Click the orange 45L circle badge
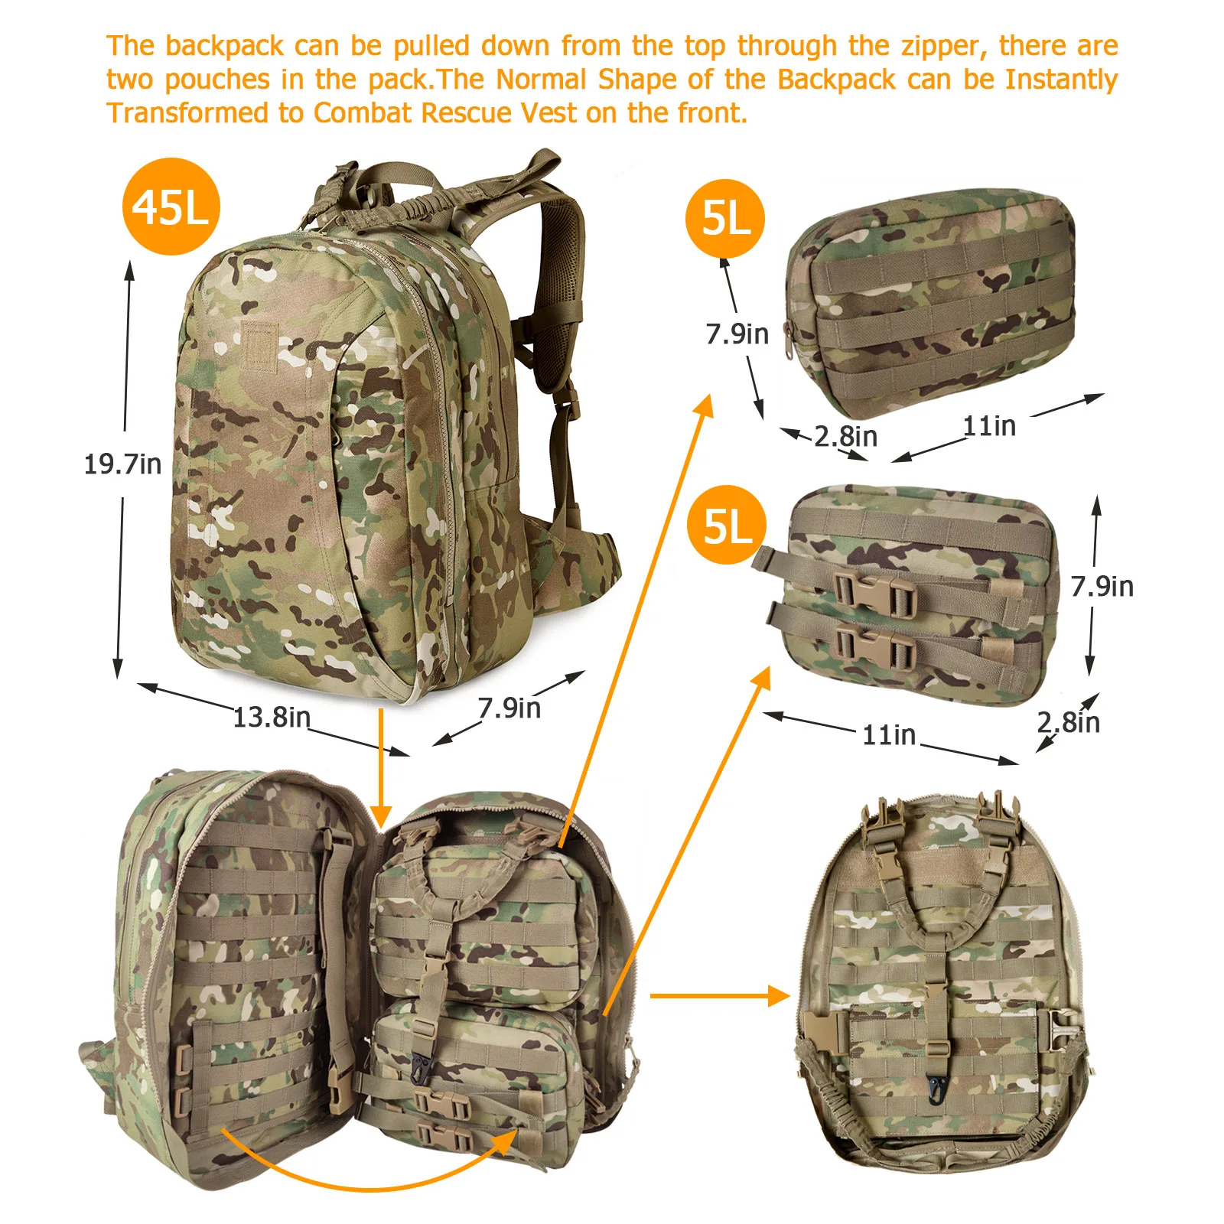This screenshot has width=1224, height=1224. [x=171, y=207]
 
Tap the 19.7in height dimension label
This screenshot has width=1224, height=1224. [x=122, y=464]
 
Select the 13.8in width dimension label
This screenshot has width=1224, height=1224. [x=272, y=717]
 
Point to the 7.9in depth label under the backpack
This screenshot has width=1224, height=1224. [x=509, y=708]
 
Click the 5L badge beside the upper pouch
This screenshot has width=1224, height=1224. [x=725, y=219]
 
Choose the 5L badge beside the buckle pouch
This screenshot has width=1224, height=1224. [x=727, y=525]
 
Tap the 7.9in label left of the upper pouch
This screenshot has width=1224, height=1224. [x=737, y=334]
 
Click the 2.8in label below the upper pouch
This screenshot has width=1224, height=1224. [x=845, y=436]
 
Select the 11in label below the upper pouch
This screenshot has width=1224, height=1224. [x=989, y=425]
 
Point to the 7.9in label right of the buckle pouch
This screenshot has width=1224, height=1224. [x=1102, y=586]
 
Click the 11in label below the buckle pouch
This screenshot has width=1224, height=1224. [x=889, y=735]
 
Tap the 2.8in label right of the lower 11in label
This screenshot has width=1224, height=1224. [x=1069, y=721]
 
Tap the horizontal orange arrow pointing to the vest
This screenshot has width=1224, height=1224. [x=720, y=995]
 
